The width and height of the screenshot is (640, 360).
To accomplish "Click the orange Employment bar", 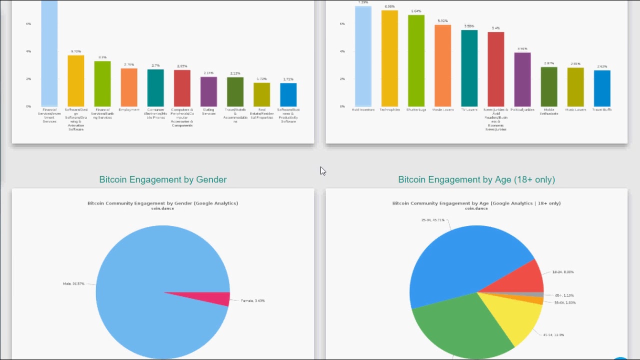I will [129, 87].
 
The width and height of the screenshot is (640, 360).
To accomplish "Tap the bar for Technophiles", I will [389, 58].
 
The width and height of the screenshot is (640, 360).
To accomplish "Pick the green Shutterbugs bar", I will [416, 60].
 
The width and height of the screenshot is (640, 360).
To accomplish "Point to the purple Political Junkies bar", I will [522, 79].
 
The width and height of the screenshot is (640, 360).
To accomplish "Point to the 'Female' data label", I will [252, 301].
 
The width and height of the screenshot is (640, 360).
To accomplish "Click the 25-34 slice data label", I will [432, 220].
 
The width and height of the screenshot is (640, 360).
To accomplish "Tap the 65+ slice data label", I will [564, 295].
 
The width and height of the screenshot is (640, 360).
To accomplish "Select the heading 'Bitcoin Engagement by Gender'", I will [163, 179].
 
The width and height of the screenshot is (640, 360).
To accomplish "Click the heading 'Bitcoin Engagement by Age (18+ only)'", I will [476, 179].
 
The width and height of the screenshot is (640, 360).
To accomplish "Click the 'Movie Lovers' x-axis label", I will [442, 109].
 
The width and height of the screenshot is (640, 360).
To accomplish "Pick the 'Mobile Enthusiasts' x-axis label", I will [549, 111].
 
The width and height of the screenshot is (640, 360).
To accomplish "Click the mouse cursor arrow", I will [322, 170].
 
